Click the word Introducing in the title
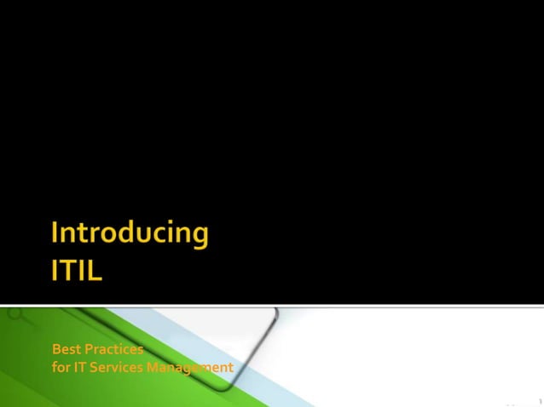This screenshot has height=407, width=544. [x=130, y=235]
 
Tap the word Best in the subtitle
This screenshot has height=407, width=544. [x=65, y=350]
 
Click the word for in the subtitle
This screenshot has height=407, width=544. [x=61, y=368]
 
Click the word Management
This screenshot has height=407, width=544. [x=189, y=368]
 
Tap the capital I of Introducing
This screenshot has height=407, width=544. [x=55, y=234]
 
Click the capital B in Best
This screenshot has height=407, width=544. [x=56, y=350]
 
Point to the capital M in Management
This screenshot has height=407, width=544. [x=154, y=368]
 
